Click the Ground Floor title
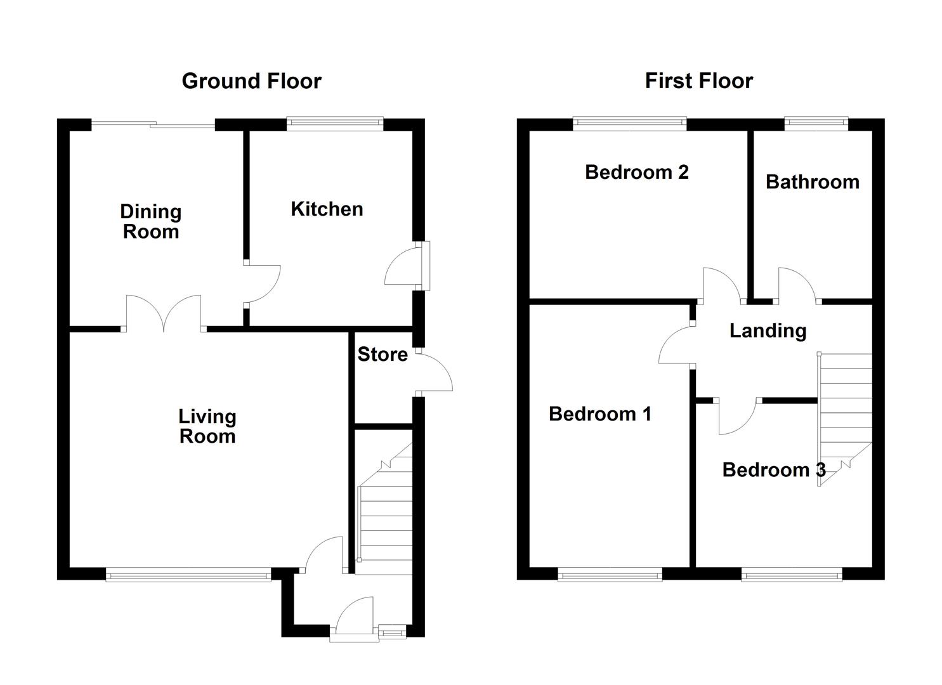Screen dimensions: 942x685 pyautogui.click(x=251, y=81)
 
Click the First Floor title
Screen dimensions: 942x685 pyautogui.click(x=699, y=81)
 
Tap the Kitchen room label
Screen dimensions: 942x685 pyautogui.click(x=327, y=209)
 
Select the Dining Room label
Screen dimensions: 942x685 pyautogui.click(x=151, y=221)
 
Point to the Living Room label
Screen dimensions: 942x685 pyautogui.click(x=207, y=426)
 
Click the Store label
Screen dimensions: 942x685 pyautogui.click(x=383, y=355)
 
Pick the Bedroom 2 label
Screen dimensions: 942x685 pyautogui.click(x=637, y=173)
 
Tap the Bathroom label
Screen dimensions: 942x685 pyautogui.click(x=813, y=182)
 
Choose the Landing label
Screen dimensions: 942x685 pyautogui.click(x=768, y=331)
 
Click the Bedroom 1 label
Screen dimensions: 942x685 pyautogui.click(x=600, y=414)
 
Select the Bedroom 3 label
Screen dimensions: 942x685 pyautogui.click(x=774, y=470)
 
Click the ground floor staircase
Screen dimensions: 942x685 pyautogui.click(x=384, y=509)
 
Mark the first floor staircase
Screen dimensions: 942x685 pyautogui.click(x=844, y=419)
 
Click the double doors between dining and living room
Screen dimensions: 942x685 pyautogui.click(x=164, y=313)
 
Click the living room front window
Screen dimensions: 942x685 pyautogui.click(x=188, y=574)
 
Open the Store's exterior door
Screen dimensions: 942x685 pyautogui.click(x=434, y=372)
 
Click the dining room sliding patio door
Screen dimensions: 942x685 pyautogui.click(x=153, y=124)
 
